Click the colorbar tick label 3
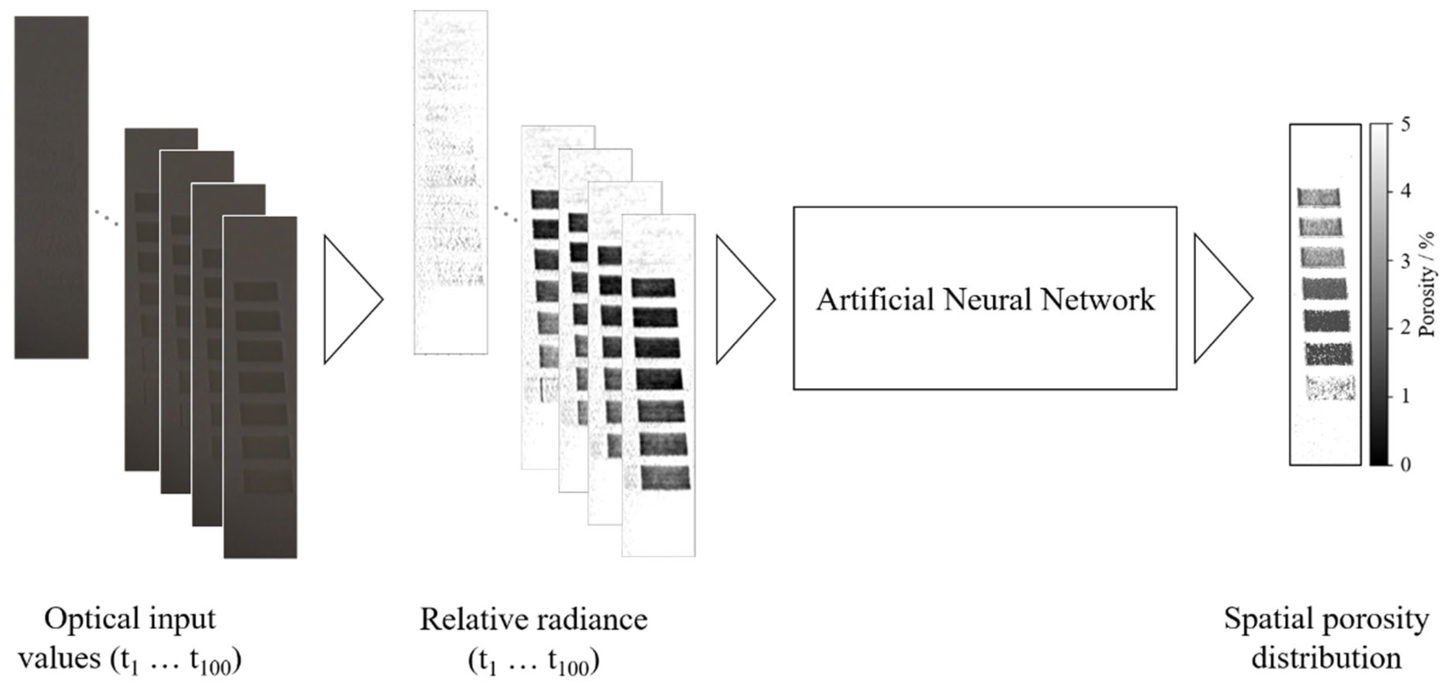(x=1405, y=261)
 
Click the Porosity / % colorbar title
(x=1427, y=293)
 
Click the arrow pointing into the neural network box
(x=742, y=299)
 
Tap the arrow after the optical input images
(x=350, y=299)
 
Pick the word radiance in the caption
(x=591, y=619)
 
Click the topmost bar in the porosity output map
(x=1318, y=197)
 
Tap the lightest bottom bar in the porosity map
(x=1330, y=388)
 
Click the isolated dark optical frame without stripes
(x=51, y=187)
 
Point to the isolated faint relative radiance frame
(x=451, y=182)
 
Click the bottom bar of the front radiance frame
(x=665, y=478)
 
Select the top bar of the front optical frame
(x=256, y=291)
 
